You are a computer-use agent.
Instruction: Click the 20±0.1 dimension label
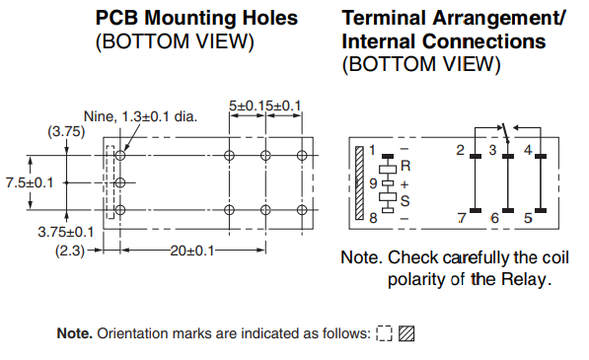tap(192, 251)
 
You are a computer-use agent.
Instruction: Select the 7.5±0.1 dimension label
tap(30, 182)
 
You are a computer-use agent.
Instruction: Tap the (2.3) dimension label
tap(70, 251)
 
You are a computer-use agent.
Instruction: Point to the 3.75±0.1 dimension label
tap(66, 232)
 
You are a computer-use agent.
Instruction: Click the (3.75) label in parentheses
tap(66, 131)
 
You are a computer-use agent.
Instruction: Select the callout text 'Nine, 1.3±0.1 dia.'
tap(140, 116)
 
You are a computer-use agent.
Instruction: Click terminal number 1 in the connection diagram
tap(372, 150)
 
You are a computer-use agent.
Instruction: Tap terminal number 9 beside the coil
tap(373, 183)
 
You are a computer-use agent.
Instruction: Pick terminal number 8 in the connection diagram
tap(373, 218)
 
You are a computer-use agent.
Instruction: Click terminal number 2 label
tap(460, 150)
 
